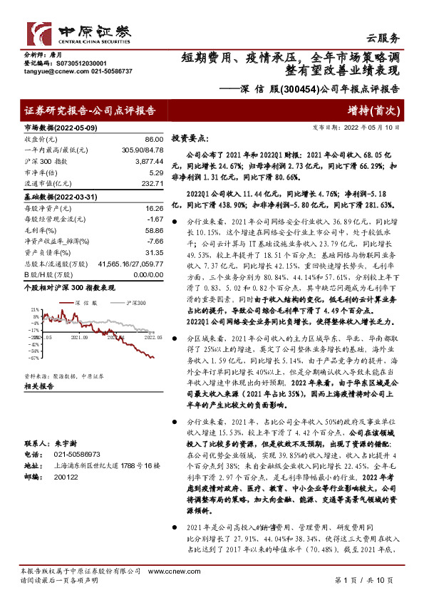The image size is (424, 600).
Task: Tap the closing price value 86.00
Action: [152, 142]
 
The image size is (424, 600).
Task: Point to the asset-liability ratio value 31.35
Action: [152, 251]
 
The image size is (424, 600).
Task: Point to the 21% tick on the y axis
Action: [33, 311]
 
